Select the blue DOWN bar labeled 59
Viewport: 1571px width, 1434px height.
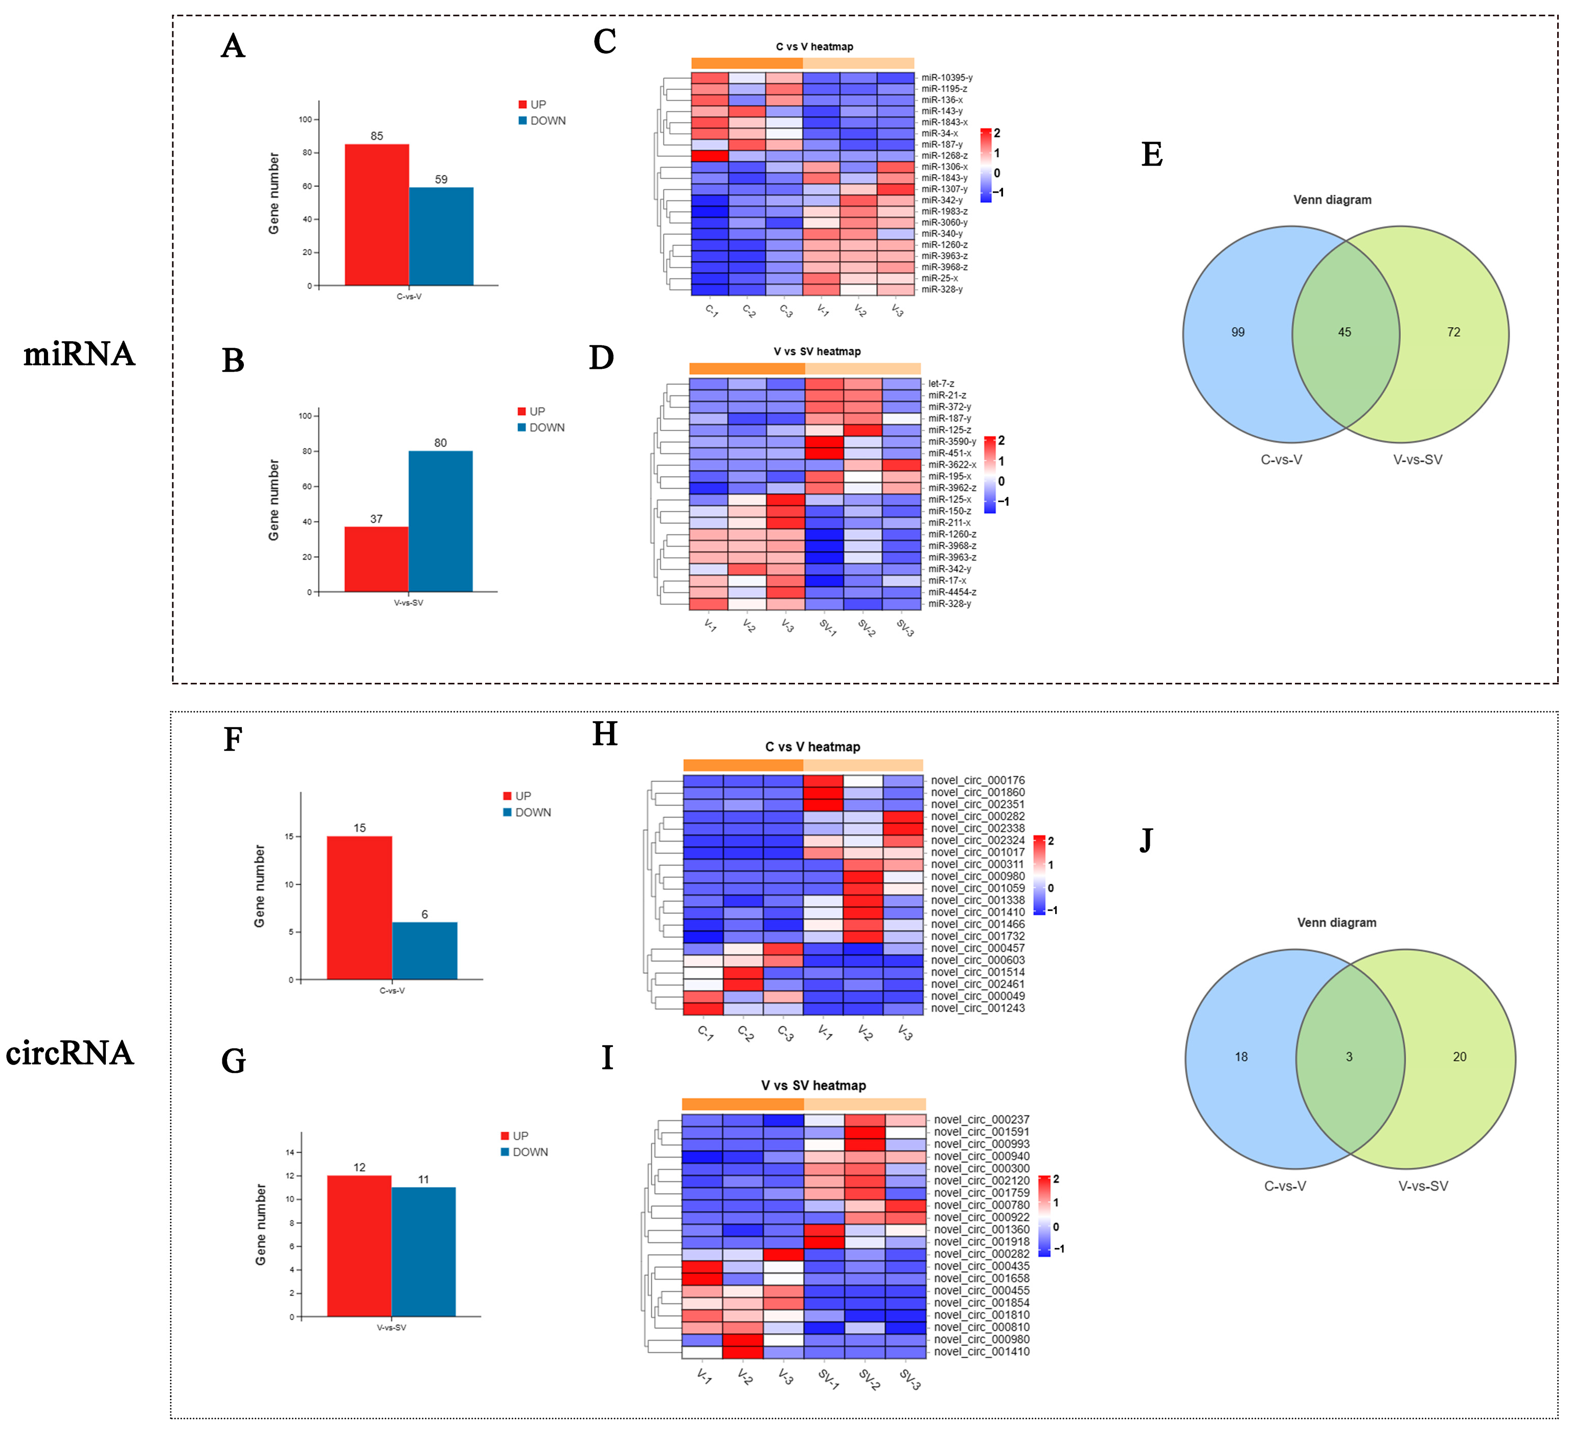[x=441, y=236]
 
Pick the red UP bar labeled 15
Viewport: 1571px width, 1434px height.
[x=359, y=907]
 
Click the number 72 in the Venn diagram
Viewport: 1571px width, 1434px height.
[x=1453, y=332]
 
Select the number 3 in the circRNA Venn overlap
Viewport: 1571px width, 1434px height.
[x=1349, y=1057]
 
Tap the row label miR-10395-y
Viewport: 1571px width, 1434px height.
[x=947, y=78]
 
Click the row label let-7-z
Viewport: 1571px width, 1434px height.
[x=941, y=384]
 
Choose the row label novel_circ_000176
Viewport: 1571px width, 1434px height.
[x=978, y=780]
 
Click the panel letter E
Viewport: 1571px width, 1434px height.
[x=1152, y=155]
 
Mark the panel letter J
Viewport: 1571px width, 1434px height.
[x=1146, y=841]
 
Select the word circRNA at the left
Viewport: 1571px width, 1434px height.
[x=70, y=1054]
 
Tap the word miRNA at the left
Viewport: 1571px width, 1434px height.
[x=79, y=354]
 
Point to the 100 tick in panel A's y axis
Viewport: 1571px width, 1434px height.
[x=305, y=119]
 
